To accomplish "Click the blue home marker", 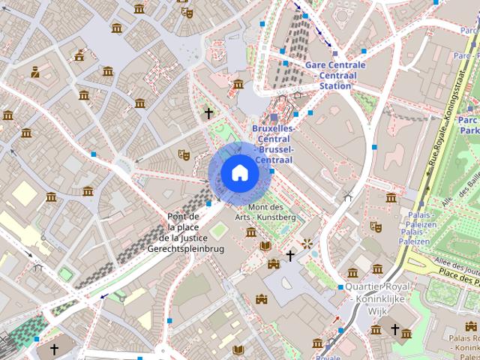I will [239, 173].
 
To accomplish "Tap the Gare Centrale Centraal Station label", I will [335, 75].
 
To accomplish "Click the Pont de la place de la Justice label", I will [185, 232].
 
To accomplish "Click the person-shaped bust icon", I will [34, 73].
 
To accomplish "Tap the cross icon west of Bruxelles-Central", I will [208, 113].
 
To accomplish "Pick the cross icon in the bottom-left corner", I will [54, 349].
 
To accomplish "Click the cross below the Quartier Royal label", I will [394, 329].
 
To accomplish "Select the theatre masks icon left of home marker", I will [182, 154].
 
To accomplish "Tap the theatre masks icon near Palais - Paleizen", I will [376, 226].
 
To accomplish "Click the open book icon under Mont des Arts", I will [265, 245].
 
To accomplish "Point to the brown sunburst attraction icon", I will [307, 244].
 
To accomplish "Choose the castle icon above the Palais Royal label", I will [470, 326].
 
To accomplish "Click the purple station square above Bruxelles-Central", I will [274, 118].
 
